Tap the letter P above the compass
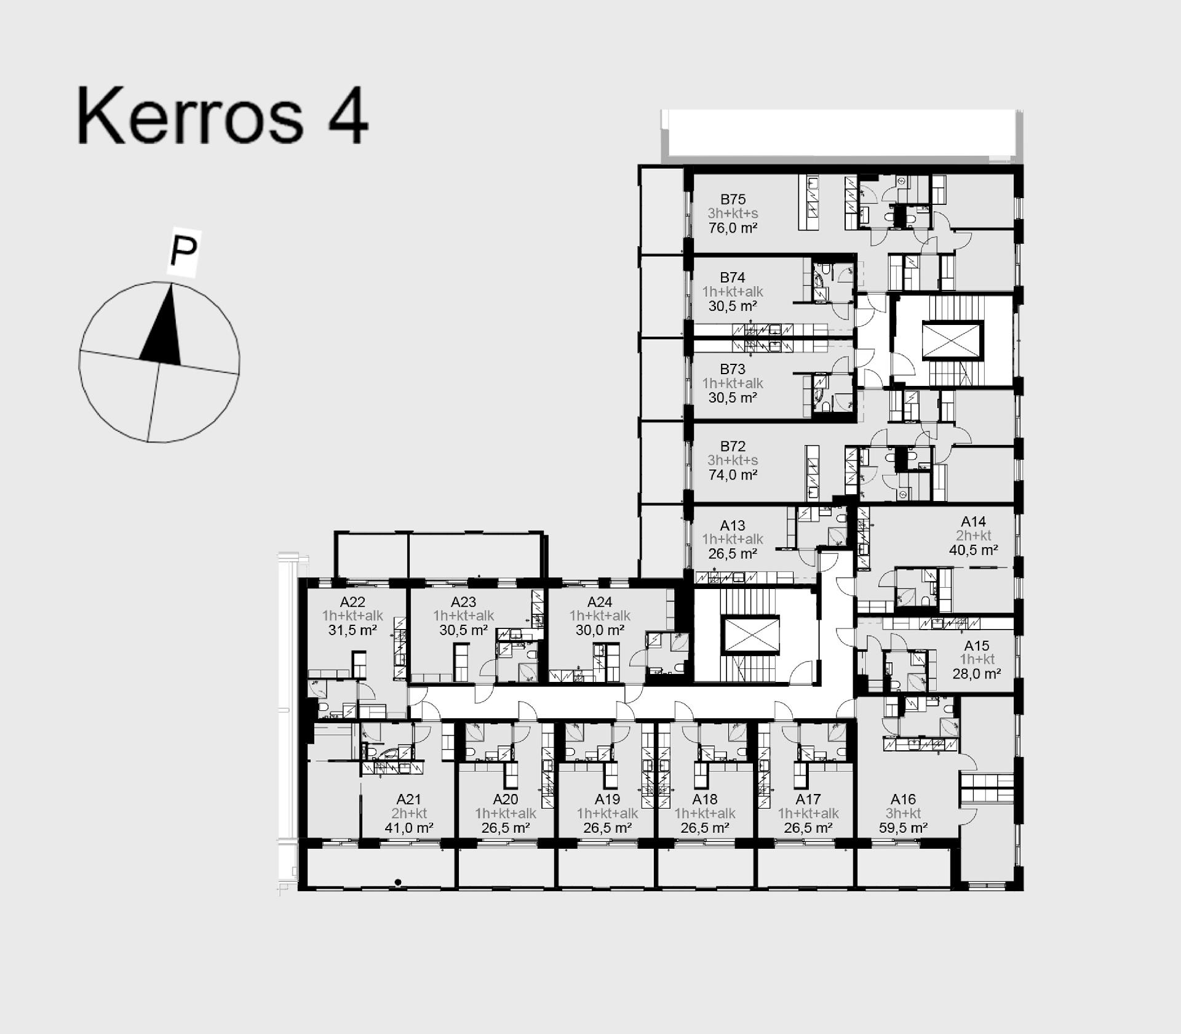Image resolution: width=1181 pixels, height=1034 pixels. [183, 251]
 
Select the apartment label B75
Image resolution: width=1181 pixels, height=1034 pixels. [733, 199]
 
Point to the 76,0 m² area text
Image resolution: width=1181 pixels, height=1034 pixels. [733, 228]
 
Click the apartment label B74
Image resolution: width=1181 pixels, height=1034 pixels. [733, 278]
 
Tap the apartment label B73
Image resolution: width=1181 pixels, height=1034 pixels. [733, 369]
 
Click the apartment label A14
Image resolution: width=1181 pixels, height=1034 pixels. [973, 522]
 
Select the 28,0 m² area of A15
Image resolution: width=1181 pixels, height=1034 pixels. [976, 674]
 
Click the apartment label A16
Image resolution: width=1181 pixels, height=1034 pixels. [903, 800]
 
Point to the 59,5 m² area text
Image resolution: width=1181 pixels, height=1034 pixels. [903, 828]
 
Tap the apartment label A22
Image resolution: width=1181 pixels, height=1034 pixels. [352, 602]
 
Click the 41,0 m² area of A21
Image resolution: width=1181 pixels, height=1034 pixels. [409, 828]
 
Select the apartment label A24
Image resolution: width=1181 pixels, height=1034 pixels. [600, 602]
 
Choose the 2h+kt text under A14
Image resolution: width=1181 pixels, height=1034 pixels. [973, 535]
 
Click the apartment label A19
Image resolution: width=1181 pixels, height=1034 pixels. [607, 800]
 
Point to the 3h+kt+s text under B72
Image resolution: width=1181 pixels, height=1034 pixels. [733, 460]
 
